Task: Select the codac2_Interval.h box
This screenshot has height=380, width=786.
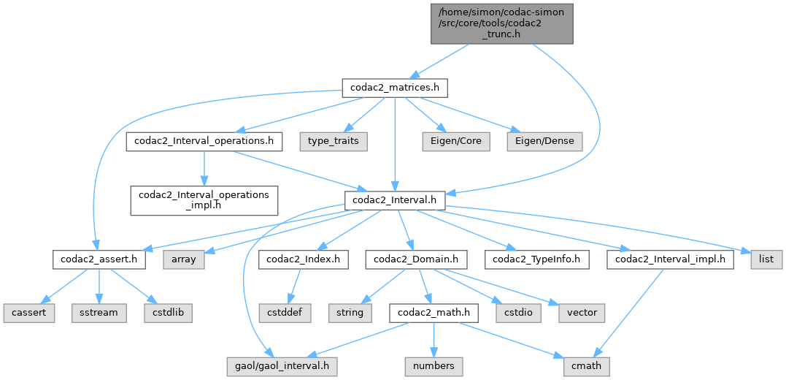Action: [x=395, y=199]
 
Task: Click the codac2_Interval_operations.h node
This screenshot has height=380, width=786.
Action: [x=204, y=140]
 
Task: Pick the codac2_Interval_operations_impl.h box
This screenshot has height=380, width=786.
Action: [x=204, y=199]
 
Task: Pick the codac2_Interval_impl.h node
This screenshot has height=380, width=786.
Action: [x=670, y=259]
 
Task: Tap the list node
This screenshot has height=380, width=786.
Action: [x=766, y=259]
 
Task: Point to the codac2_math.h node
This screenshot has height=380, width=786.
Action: [x=434, y=312]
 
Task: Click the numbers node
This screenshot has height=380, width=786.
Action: [x=434, y=365]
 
